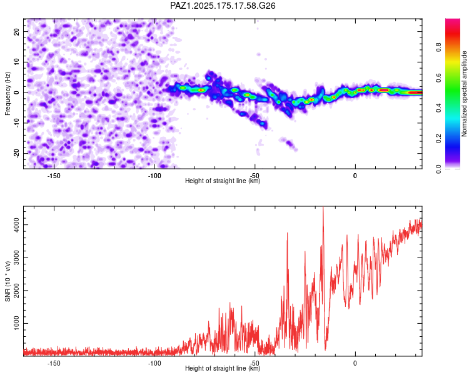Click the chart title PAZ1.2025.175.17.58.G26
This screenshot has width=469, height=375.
tap(223, 6)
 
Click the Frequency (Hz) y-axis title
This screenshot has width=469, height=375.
tap(8, 94)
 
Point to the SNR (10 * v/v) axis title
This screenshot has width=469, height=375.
tap(8, 281)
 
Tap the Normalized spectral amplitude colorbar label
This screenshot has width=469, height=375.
tap(464, 94)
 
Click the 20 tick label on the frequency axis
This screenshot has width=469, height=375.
tap(16, 31)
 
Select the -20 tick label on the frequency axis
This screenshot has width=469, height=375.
tap(16, 153)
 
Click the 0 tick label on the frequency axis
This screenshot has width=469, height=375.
tap(16, 92)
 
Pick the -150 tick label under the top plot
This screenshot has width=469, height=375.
tap(54, 176)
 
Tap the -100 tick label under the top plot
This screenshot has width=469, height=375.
tap(154, 176)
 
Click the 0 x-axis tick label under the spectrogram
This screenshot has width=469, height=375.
tap(355, 176)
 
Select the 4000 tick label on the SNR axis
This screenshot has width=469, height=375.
tap(16, 224)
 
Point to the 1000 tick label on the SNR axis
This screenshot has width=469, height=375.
tap(16, 323)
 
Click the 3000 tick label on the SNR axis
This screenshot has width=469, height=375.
tap(16, 257)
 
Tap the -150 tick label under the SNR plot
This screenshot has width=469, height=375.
tap(54, 363)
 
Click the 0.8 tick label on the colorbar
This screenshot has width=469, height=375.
tap(438, 47)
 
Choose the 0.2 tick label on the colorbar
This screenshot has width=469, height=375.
tap(438, 138)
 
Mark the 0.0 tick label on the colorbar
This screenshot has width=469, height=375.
tap(438, 169)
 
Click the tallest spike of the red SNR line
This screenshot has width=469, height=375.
tap(323, 207)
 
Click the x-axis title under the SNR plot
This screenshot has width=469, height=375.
tap(223, 368)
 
